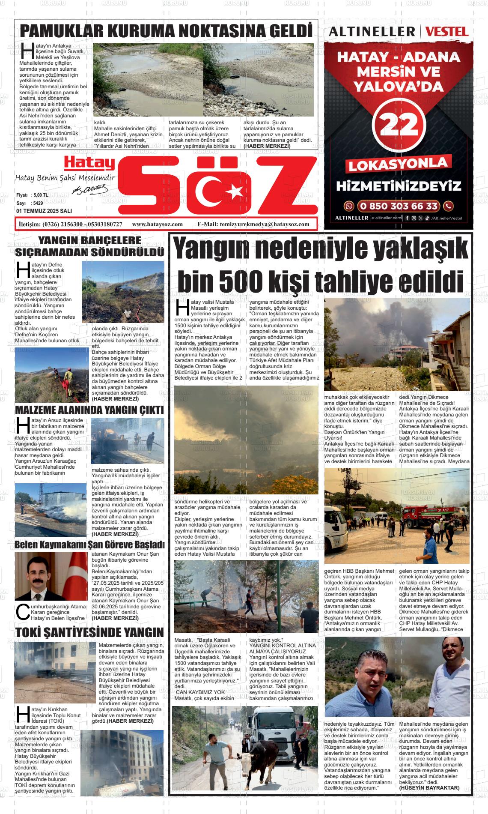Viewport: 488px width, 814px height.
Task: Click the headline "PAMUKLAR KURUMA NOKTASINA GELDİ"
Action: (166, 32)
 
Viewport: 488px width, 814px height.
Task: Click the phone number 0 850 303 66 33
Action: (399, 206)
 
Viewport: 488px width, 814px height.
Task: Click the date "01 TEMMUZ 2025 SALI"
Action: (44, 211)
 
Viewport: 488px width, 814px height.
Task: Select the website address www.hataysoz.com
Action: (158, 224)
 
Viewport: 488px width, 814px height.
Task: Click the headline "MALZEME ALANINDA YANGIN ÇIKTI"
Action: (89, 410)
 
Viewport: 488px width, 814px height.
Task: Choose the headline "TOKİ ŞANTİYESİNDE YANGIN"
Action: (89, 632)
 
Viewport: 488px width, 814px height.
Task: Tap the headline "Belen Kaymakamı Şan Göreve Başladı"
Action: (89, 545)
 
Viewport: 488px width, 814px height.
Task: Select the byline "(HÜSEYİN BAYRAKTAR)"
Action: (429, 788)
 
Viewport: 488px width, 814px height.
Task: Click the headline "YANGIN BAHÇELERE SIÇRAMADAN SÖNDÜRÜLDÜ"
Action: (89, 246)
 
